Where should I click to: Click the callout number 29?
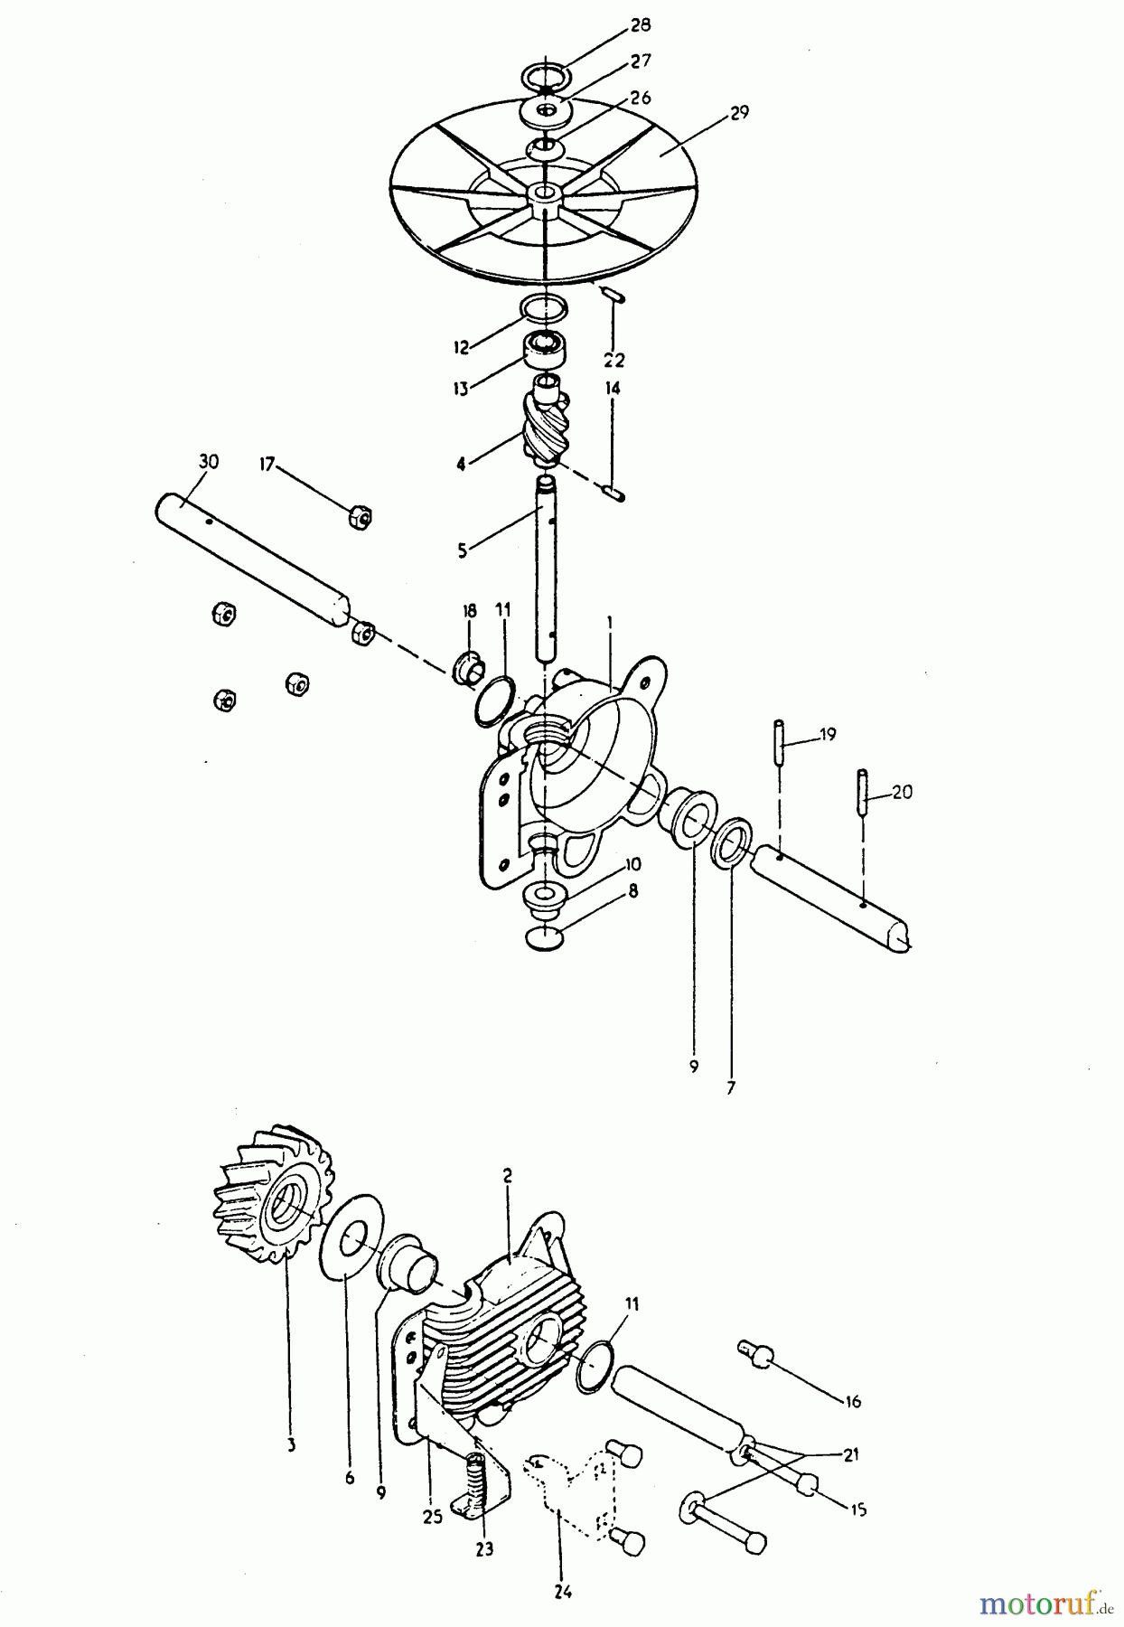[738, 114]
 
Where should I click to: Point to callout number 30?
[208, 462]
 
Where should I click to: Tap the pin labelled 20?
[865, 790]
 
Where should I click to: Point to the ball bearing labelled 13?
[545, 349]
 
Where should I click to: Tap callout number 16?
[852, 1402]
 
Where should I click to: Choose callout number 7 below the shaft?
[730, 1088]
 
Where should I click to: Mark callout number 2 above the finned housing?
[508, 1176]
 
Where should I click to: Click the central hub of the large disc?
[545, 199]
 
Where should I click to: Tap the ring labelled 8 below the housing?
[547, 939]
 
